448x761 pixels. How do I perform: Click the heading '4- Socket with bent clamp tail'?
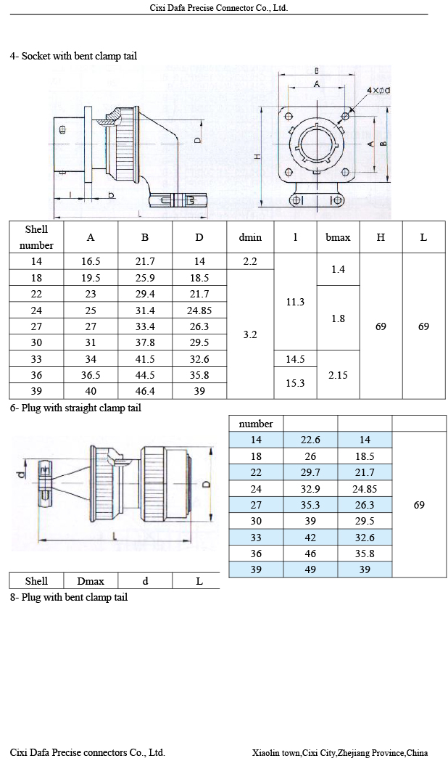(73, 56)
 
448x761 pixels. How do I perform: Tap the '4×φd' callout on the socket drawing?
(378, 90)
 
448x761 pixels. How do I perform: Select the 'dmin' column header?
(250, 237)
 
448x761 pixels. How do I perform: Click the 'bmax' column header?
(338, 237)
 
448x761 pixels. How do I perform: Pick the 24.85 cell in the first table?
(199, 310)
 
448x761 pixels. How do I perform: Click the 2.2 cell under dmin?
(250, 261)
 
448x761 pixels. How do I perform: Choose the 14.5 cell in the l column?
(295, 359)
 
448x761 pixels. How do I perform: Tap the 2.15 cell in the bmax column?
(338, 374)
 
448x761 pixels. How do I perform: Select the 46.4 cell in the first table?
(145, 391)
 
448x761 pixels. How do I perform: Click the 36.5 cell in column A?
(91, 375)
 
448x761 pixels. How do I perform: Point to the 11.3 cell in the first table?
(295, 302)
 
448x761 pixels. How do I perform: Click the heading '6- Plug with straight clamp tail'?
(75, 408)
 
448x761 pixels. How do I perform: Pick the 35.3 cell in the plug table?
(310, 505)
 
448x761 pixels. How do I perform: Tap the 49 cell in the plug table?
(310, 569)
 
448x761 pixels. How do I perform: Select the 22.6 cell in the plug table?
(310, 440)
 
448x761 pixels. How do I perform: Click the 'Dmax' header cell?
(91, 580)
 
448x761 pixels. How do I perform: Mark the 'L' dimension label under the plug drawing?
(116, 535)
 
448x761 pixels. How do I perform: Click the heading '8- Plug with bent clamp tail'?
(69, 597)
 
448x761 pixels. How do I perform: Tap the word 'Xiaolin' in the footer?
(266, 753)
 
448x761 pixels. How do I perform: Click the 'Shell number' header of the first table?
(36, 237)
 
